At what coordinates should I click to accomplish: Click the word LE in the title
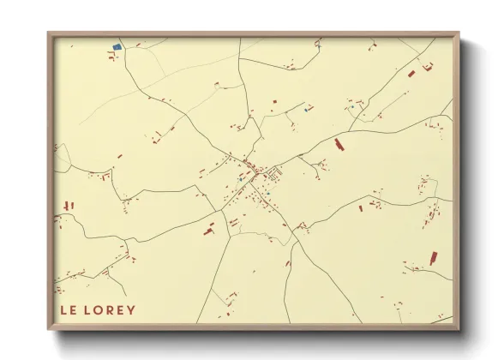(69, 309)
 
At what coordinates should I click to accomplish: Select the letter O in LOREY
(99, 309)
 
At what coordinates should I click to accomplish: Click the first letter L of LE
(64, 309)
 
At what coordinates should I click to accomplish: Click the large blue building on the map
(117, 46)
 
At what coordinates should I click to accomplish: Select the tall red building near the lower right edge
(433, 257)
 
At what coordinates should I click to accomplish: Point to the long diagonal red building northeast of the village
(339, 143)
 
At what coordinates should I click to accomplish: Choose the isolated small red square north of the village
(274, 103)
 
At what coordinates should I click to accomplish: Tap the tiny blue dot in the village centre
(267, 194)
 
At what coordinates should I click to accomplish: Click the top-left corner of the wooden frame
(49, 34)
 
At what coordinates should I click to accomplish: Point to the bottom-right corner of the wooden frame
(458, 328)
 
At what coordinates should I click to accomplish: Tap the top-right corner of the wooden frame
(458, 34)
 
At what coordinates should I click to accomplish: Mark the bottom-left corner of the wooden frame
(49, 328)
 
